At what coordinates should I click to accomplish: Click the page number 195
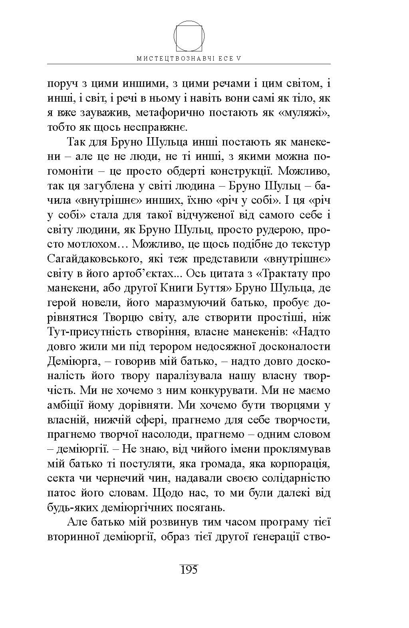pos(189,569)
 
